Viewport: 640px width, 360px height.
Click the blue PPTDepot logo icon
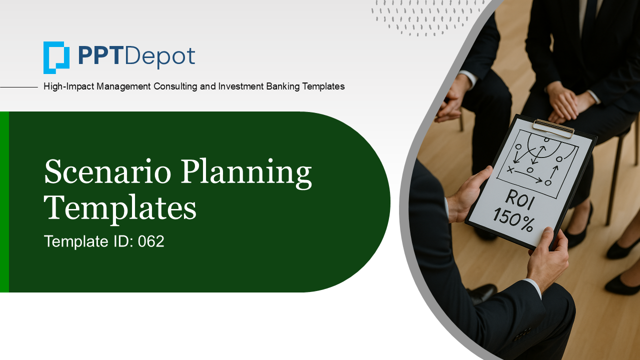[x=56, y=57]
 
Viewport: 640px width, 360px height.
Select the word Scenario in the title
[x=107, y=171]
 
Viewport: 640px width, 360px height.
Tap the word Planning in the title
[x=246, y=174]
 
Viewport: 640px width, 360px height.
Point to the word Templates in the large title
[x=120, y=208]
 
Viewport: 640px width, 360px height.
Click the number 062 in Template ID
[x=151, y=241]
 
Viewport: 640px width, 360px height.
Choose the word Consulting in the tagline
[x=175, y=86]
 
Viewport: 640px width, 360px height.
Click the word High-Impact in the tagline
[x=68, y=86]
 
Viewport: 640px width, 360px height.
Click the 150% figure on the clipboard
[x=513, y=219]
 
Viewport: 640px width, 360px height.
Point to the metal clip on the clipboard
[x=553, y=128]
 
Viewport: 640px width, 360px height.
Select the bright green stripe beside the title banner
[x=4, y=201]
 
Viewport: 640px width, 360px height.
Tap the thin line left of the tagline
[x=19, y=87]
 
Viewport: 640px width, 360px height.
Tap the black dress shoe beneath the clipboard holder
[x=483, y=293]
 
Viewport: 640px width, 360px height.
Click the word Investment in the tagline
[x=241, y=86]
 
